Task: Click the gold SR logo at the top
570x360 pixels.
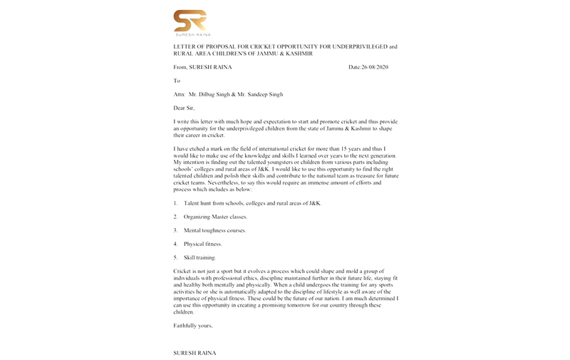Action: point(190,20)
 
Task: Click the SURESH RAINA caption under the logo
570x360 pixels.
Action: point(190,34)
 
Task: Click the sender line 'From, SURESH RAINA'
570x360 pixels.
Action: point(202,67)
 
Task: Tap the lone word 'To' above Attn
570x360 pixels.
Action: point(177,81)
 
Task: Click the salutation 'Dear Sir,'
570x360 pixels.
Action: point(184,108)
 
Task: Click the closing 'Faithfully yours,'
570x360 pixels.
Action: point(193,326)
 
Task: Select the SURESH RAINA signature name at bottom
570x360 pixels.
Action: point(194,353)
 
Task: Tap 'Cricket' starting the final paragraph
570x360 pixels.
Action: point(182,272)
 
